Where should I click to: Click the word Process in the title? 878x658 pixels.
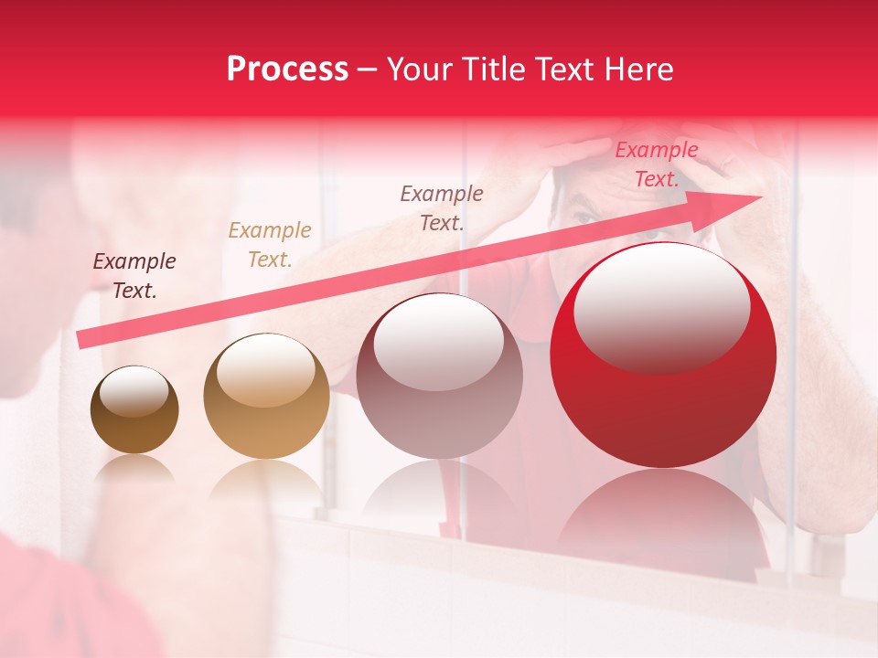pos(287,69)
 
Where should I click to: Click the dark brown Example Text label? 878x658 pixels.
pos(134,276)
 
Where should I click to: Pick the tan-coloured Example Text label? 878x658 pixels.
pos(270,245)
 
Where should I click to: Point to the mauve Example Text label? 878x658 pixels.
pos(442,207)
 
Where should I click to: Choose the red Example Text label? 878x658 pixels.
pos(657,164)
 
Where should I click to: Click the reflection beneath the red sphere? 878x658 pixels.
pos(663,512)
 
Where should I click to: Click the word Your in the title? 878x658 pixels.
pos(419,69)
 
